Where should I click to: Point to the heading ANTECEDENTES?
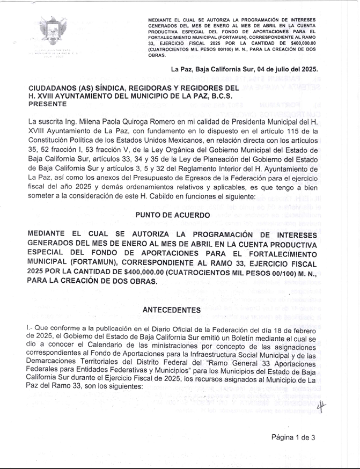click(172, 310)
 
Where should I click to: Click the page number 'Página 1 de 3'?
click(293, 437)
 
